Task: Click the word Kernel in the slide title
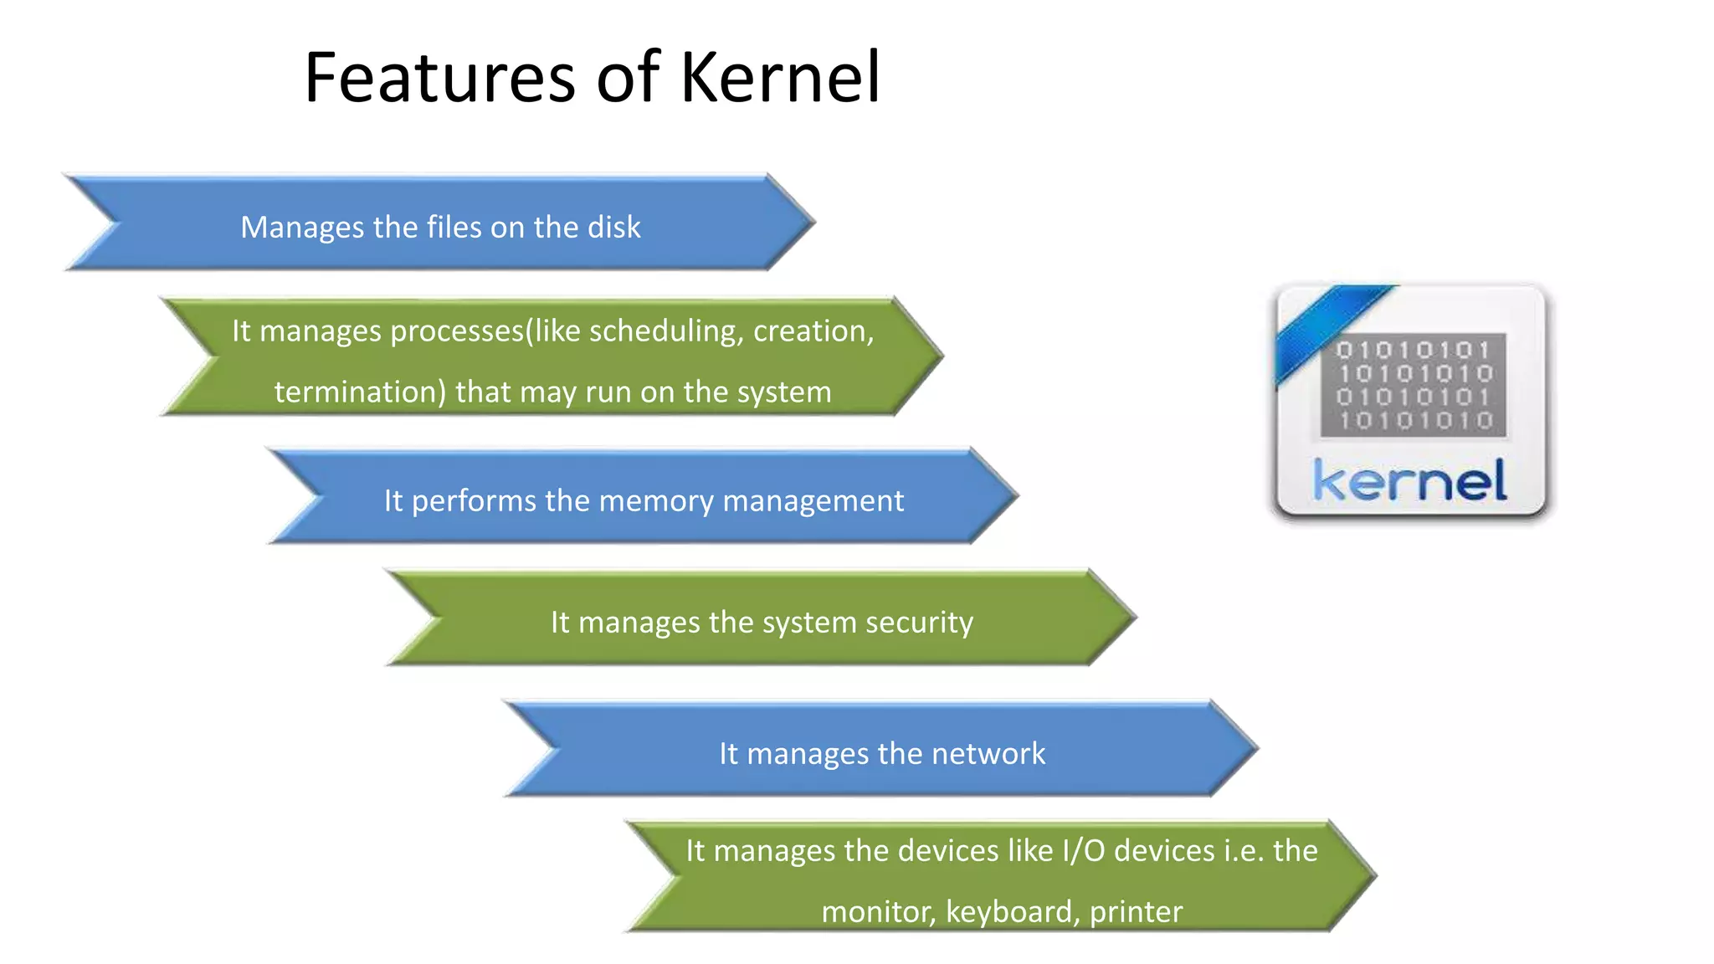(780, 77)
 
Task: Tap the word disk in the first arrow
(614, 227)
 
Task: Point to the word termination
(360, 392)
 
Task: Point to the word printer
(1136, 911)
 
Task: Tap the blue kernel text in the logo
(1410, 481)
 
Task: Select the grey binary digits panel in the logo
(1414, 385)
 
